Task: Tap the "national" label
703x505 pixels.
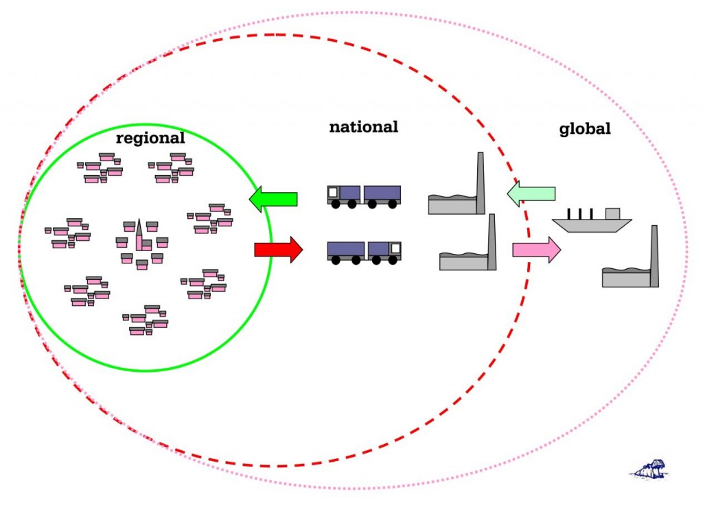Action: tap(363, 127)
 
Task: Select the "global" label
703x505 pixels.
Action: tap(585, 129)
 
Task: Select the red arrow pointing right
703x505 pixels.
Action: tap(278, 250)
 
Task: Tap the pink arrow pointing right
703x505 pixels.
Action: tap(536, 250)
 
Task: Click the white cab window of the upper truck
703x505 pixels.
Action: tap(333, 192)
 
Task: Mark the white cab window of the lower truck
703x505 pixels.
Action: tap(395, 248)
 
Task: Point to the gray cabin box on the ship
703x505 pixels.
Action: tap(612, 213)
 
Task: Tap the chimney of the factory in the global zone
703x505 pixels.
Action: tap(654, 255)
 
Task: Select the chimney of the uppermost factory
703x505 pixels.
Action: tap(481, 182)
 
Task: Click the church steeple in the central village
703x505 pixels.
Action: tap(139, 233)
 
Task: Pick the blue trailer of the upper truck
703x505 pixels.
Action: tap(382, 193)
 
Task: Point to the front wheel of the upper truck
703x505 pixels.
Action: tap(336, 204)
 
